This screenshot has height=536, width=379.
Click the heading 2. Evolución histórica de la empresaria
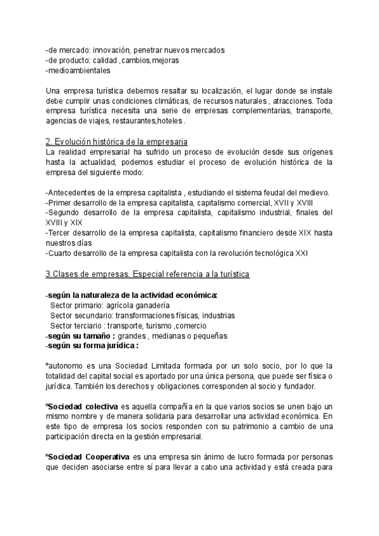coord(116,141)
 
